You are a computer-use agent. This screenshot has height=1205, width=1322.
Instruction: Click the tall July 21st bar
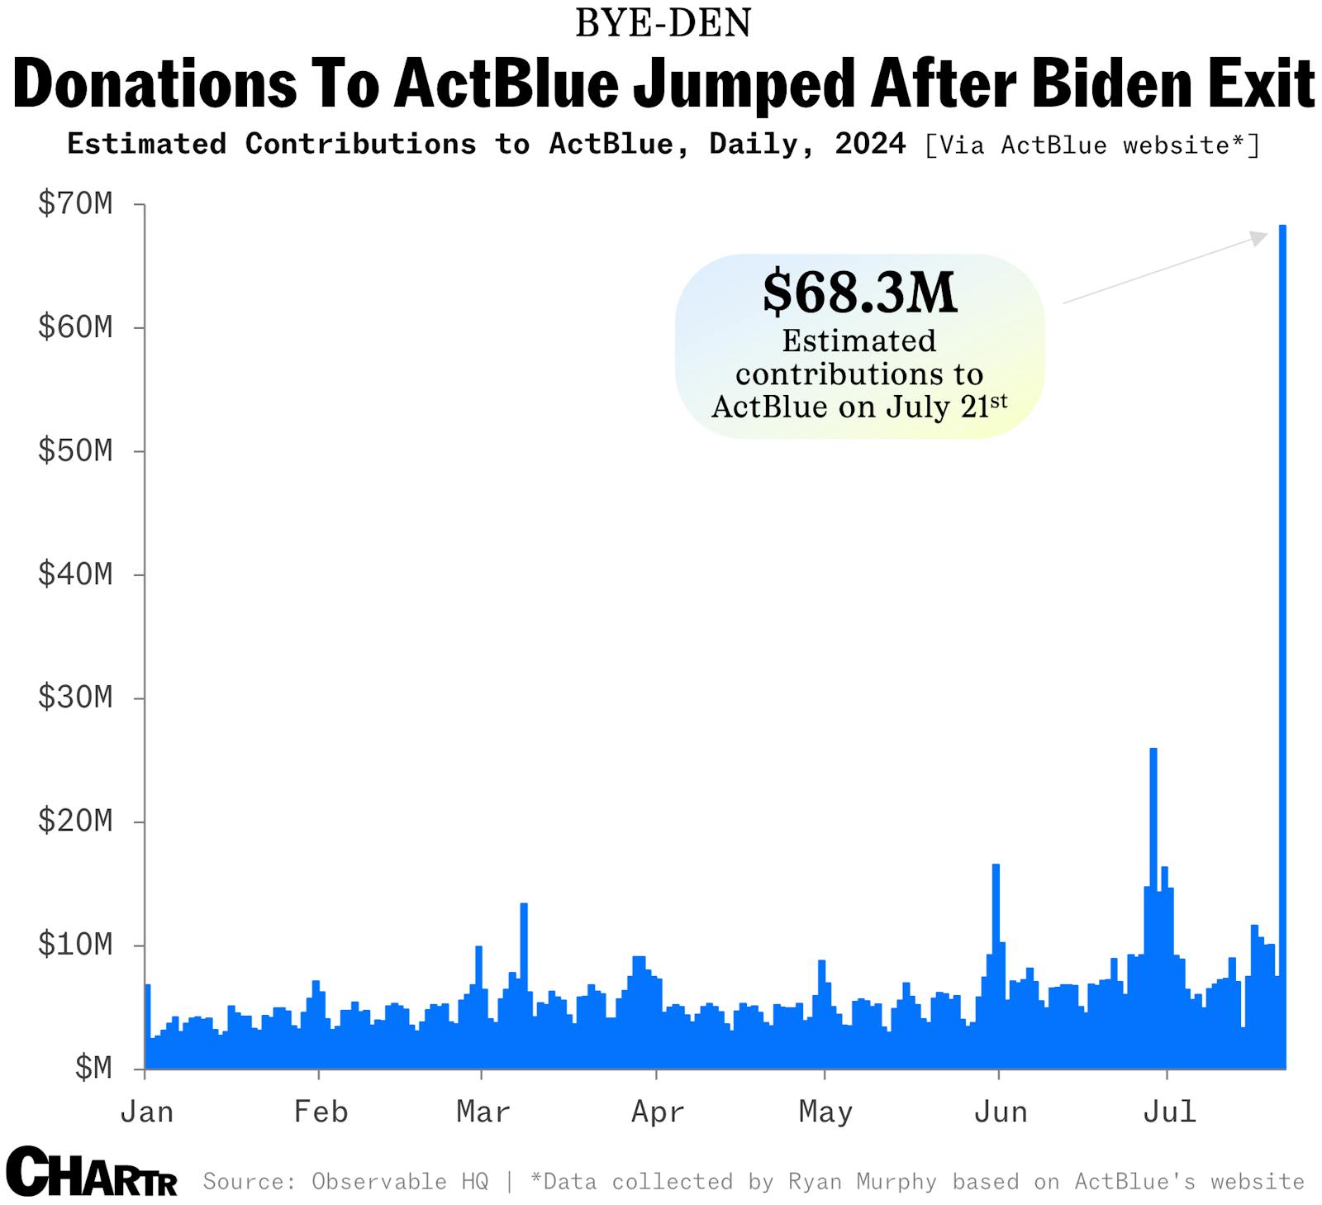click(x=1282, y=645)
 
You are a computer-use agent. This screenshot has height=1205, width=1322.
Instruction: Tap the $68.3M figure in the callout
click(x=859, y=293)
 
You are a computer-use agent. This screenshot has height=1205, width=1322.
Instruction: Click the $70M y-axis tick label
click(x=75, y=203)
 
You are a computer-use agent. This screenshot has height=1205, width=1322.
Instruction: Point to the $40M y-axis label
click(x=75, y=574)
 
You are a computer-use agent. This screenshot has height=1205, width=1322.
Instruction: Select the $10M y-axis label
click(x=75, y=944)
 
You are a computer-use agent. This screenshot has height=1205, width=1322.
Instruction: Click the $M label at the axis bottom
click(x=93, y=1068)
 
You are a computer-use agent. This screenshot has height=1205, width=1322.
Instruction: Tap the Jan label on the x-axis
click(x=147, y=1112)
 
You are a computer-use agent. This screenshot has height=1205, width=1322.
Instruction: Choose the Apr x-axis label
click(x=658, y=1112)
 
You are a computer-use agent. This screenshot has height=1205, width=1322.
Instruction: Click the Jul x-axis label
click(x=1169, y=1112)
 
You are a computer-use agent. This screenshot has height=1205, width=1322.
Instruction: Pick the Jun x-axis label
click(x=1001, y=1112)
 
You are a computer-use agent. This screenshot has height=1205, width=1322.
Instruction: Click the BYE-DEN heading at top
click(x=663, y=23)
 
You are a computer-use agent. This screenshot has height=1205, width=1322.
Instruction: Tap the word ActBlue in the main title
click(x=506, y=84)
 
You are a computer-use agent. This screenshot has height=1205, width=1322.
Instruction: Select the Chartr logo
click(x=91, y=1172)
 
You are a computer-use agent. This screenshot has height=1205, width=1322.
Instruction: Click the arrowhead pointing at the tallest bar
click(x=1258, y=239)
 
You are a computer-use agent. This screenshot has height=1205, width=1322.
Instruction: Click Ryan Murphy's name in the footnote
click(x=862, y=1182)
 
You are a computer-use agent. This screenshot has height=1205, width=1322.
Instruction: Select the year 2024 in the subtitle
click(x=869, y=144)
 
